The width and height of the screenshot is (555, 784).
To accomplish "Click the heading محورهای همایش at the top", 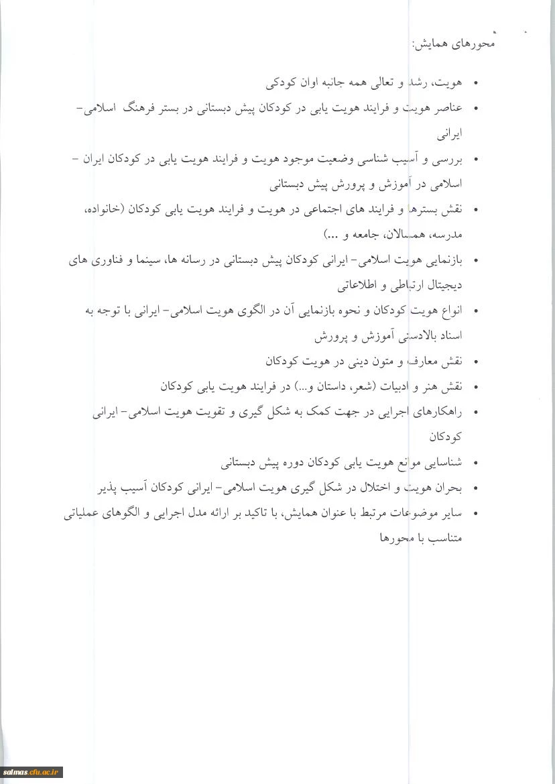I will (454, 45).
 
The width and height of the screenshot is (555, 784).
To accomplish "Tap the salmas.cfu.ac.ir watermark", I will (32, 773).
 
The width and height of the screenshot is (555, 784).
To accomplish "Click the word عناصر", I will (448, 109).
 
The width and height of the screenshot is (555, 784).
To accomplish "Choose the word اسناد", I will (450, 335).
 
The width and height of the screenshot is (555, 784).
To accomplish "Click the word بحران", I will (450, 488).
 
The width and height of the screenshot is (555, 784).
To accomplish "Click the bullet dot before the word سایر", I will (475, 514).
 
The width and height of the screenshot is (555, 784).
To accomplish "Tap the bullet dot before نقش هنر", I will (475, 388).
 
